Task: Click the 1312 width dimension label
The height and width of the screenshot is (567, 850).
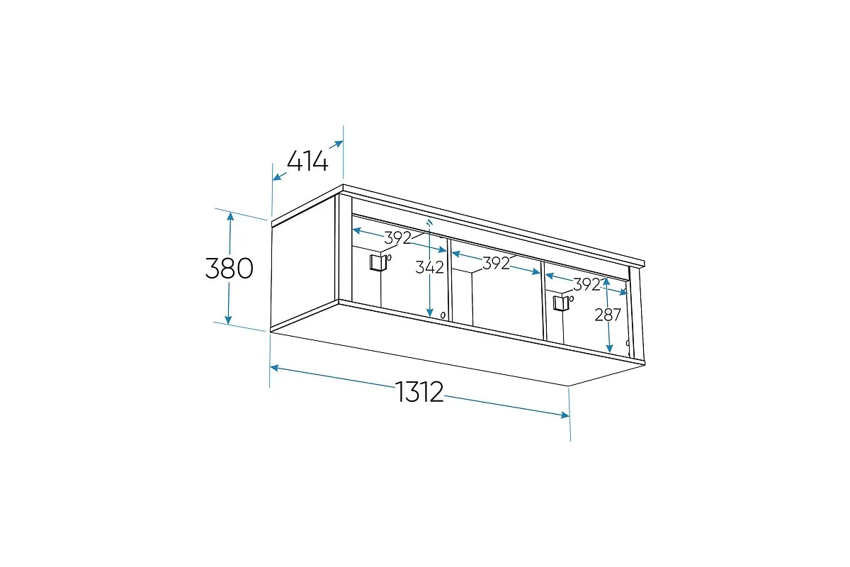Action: pyautogui.click(x=419, y=391)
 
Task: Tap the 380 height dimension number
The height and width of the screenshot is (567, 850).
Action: pyautogui.click(x=229, y=268)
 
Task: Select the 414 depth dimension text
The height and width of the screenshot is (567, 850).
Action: pyautogui.click(x=307, y=161)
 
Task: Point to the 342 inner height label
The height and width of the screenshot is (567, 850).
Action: pyautogui.click(x=429, y=267)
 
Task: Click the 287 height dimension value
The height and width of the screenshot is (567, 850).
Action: pyautogui.click(x=608, y=315)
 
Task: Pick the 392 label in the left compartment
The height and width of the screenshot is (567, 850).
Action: pyautogui.click(x=397, y=237)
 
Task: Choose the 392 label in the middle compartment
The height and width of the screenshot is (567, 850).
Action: pyautogui.click(x=496, y=263)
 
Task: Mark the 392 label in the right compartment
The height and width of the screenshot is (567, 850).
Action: pyautogui.click(x=586, y=284)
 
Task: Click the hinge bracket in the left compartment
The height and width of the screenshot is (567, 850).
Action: pyautogui.click(x=378, y=262)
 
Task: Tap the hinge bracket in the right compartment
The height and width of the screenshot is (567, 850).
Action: pyautogui.click(x=560, y=303)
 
